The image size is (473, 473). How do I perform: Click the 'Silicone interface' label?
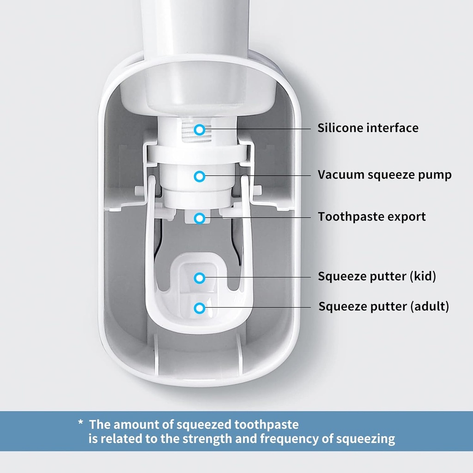click(x=368, y=128)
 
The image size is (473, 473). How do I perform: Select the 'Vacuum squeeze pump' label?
click(x=384, y=175)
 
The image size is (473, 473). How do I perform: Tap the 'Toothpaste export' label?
click(x=371, y=217)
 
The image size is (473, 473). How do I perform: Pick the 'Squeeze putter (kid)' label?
click(x=376, y=276)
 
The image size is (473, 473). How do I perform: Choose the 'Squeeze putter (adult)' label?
click(x=383, y=306)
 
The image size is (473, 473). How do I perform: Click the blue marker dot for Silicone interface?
click(x=199, y=130)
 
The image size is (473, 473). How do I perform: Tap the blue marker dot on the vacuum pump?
click(x=199, y=176)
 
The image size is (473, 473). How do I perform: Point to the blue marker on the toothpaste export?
click(x=199, y=218)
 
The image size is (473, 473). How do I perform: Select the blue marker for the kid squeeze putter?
click(x=199, y=278)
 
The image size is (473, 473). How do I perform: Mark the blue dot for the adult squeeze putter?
click(x=199, y=307)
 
